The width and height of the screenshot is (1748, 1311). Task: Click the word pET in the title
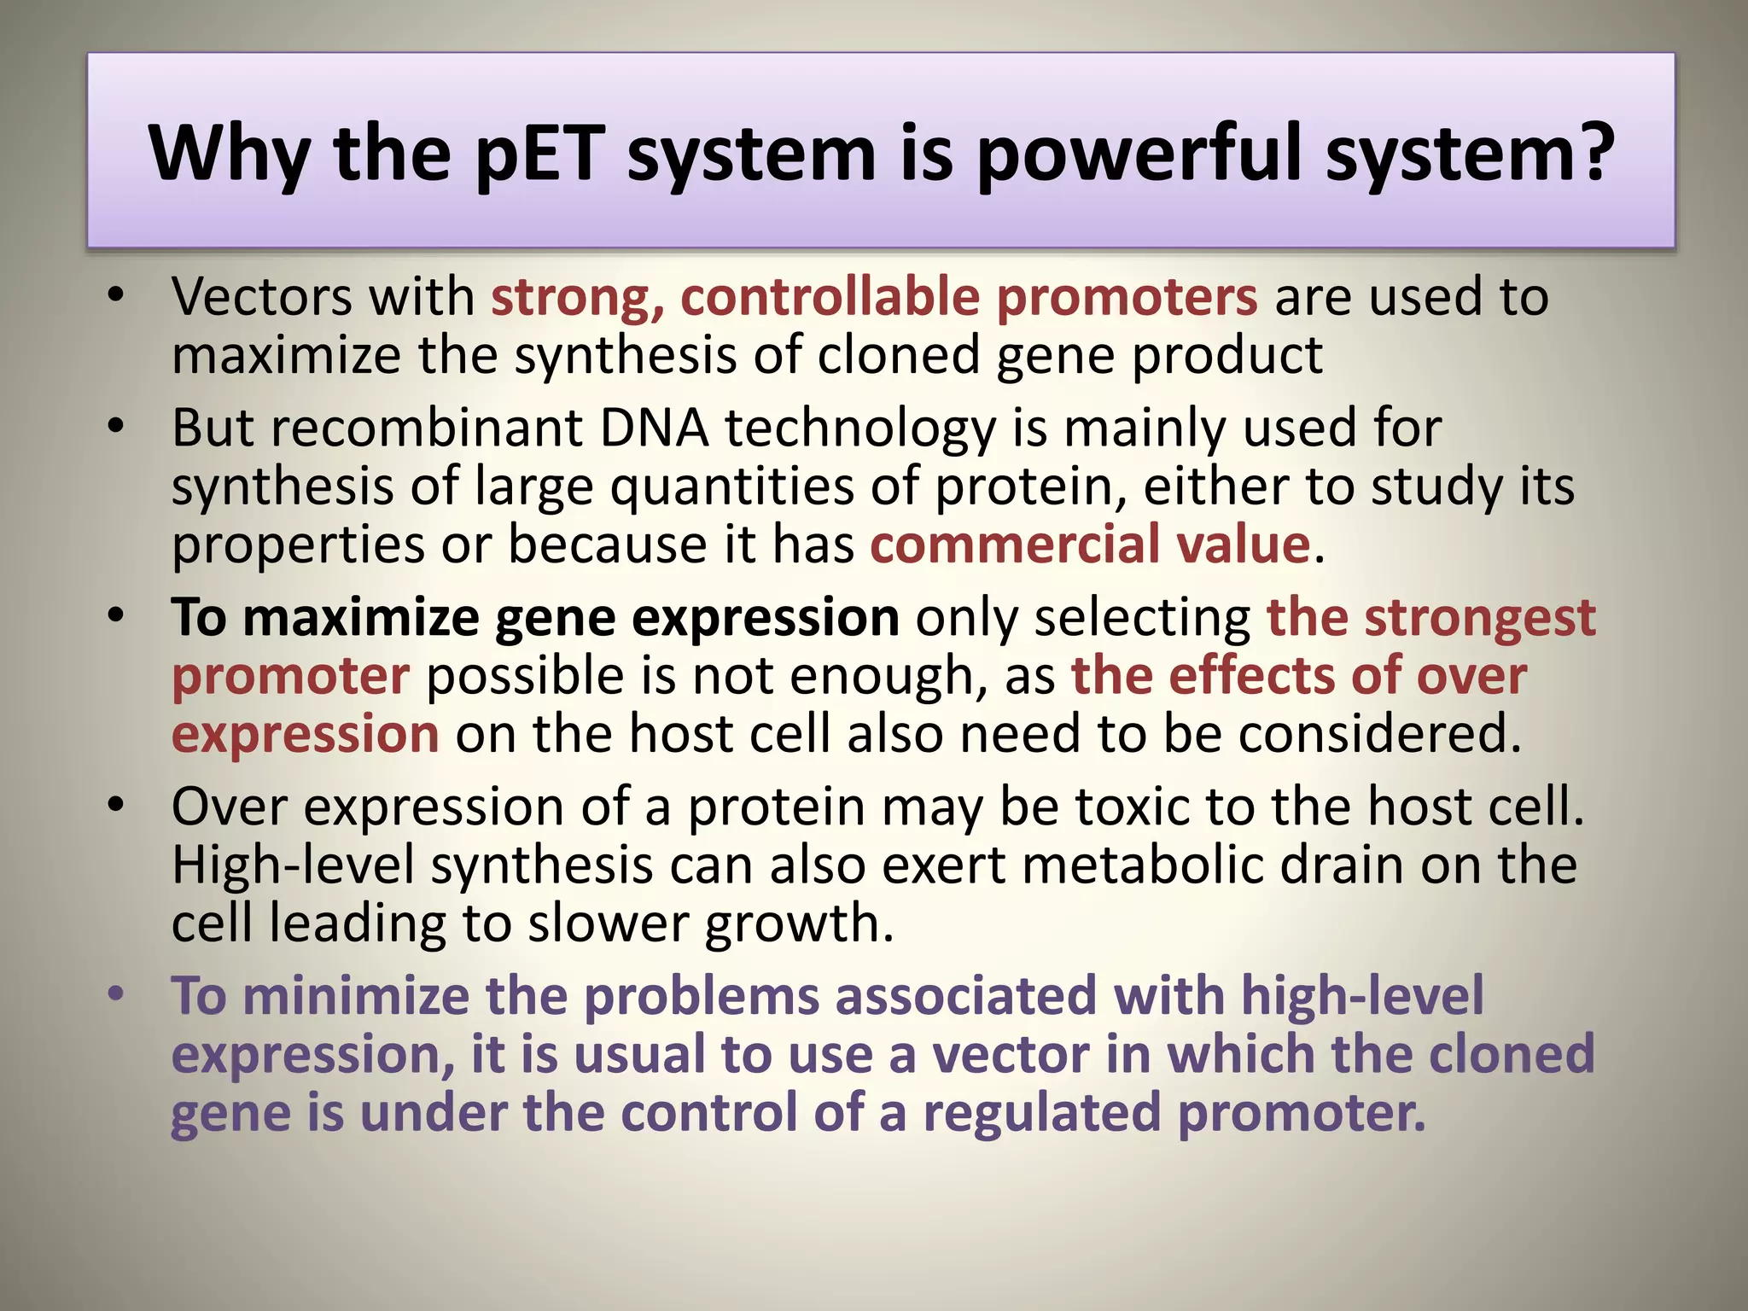pos(539,154)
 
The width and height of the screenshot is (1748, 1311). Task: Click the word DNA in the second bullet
pos(654,428)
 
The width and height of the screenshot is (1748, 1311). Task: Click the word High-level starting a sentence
pos(293,865)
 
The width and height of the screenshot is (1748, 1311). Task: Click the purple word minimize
pos(356,996)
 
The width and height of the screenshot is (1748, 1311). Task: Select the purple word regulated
pos(1041,1113)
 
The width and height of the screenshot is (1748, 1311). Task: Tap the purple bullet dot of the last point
pos(116,994)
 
